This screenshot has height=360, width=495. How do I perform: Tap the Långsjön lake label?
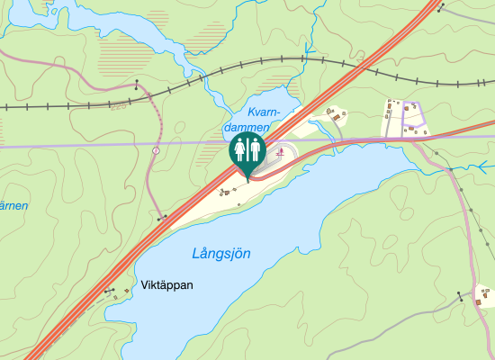(x=221, y=254)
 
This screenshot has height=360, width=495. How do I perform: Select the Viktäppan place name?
(x=167, y=284)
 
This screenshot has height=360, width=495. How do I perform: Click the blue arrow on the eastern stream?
(x=483, y=166)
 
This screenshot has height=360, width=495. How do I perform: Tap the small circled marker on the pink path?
(x=156, y=150)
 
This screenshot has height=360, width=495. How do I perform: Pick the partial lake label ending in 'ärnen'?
(x=13, y=206)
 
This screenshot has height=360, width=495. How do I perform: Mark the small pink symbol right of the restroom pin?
(x=281, y=153)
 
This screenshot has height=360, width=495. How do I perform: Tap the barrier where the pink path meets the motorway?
(x=162, y=217)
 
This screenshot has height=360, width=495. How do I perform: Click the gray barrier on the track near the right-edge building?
(x=460, y=293)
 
